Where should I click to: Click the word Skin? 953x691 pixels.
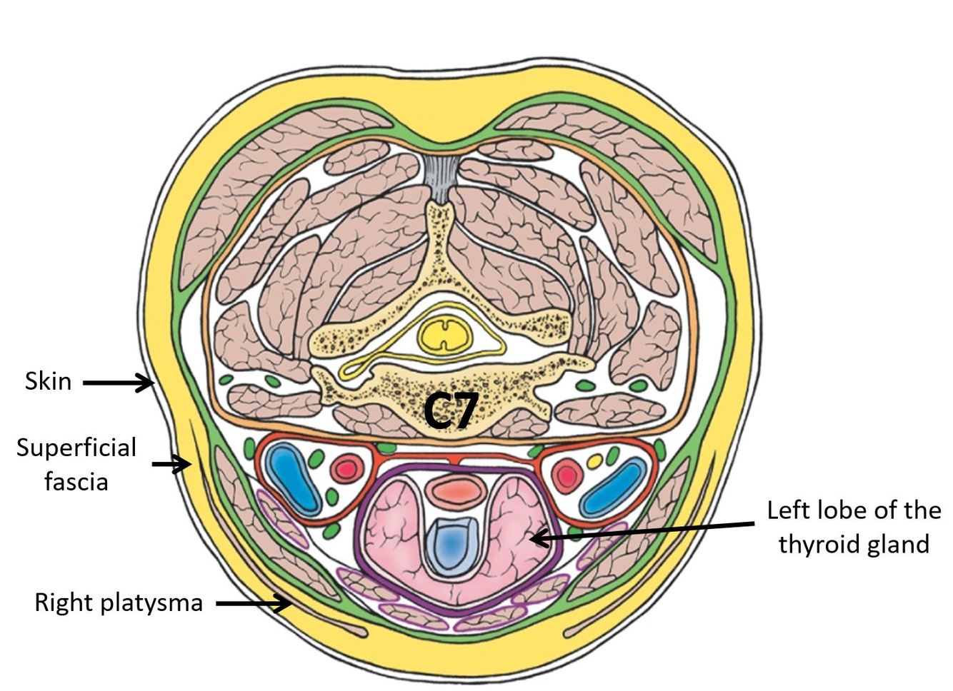coord(48,381)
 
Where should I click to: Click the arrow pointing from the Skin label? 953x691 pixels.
coord(118,383)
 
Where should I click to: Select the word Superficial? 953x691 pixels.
coord(76,448)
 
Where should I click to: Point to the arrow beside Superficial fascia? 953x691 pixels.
coord(171,465)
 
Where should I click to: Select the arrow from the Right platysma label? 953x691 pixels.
coord(254,604)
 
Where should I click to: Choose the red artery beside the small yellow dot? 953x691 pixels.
coord(568,475)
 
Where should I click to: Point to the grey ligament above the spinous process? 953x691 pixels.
coord(441,175)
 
